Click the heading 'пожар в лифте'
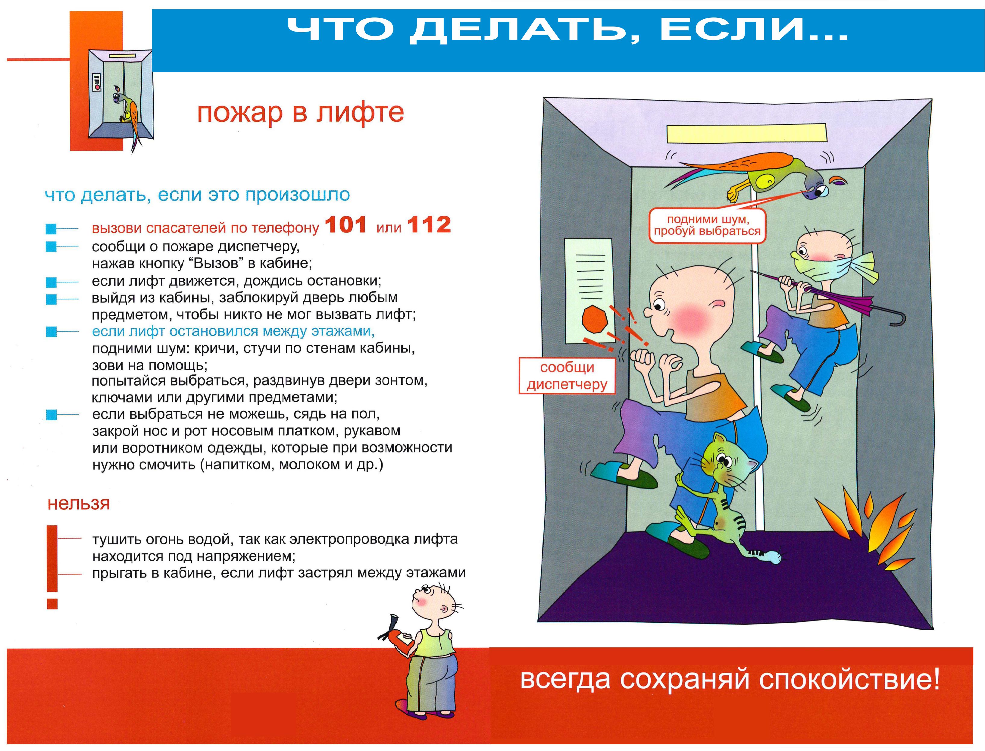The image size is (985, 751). click(300, 113)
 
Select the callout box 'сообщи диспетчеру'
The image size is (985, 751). click(567, 375)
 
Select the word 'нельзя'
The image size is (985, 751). click(79, 504)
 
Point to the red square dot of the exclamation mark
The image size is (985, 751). click(52, 603)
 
